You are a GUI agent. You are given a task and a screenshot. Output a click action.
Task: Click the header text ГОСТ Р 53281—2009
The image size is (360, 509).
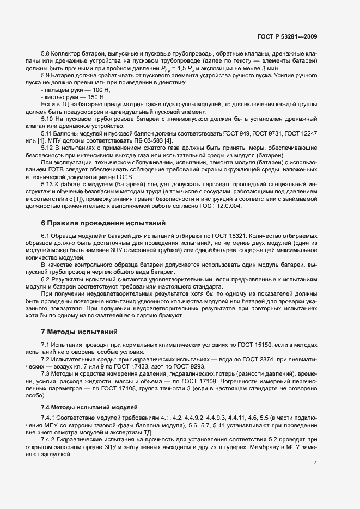(287, 38)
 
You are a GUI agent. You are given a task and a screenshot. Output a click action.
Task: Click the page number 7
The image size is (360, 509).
(315, 462)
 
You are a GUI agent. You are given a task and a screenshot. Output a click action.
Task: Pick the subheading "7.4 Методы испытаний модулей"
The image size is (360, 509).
(82, 408)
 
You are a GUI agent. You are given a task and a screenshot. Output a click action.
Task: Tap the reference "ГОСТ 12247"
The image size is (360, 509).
(298, 133)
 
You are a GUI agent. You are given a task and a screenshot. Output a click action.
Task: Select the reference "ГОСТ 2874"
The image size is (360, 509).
(247, 360)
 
